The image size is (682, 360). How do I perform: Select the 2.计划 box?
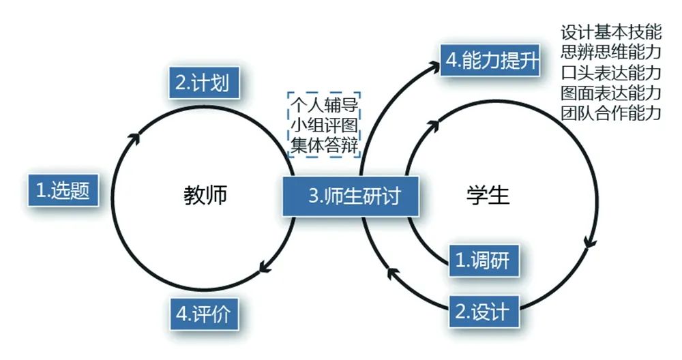click(x=198, y=83)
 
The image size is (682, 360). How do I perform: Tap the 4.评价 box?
click(x=203, y=314)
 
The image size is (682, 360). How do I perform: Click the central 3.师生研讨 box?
click(x=352, y=197)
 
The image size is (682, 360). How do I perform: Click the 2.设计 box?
click(x=483, y=311)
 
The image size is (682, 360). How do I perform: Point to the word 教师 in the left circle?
click(x=205, y=196)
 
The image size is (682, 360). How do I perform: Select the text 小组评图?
click(x=325, y=125)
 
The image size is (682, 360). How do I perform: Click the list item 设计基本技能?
click(x=610, y=32)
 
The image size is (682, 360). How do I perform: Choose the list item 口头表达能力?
click(x=610, y=72)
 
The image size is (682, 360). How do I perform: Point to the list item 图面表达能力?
click(x=610, y=92)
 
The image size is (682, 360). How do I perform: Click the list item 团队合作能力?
click(x=610, y=112)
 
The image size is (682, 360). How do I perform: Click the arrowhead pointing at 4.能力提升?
click(x=434, y=66)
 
